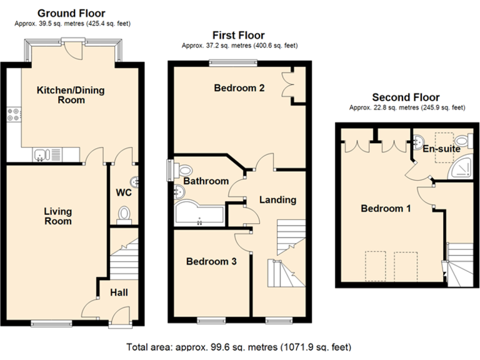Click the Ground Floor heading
pyautogui.click(x=71, y=13)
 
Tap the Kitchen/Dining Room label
pyautogui.click(x=71, y=95)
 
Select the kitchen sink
pyautogui.click(x=41, y=153)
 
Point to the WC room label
pyautogui.click(x=124, y=192)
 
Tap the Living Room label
pyautogui.click(x=57, y=216)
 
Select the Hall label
pyautogui.click(x=119, y=292)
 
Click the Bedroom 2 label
pyautogui.click(x=239, y=88)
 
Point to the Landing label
pyautogui.click(x=277, y=200)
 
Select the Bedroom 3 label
pyautogui.click(x=211, y=262)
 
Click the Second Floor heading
pyautogui.click(x=406, y=97)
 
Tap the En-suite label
pyautogui.click(x=441, y=149)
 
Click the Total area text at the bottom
pyautogui.click(x=239, y=347)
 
